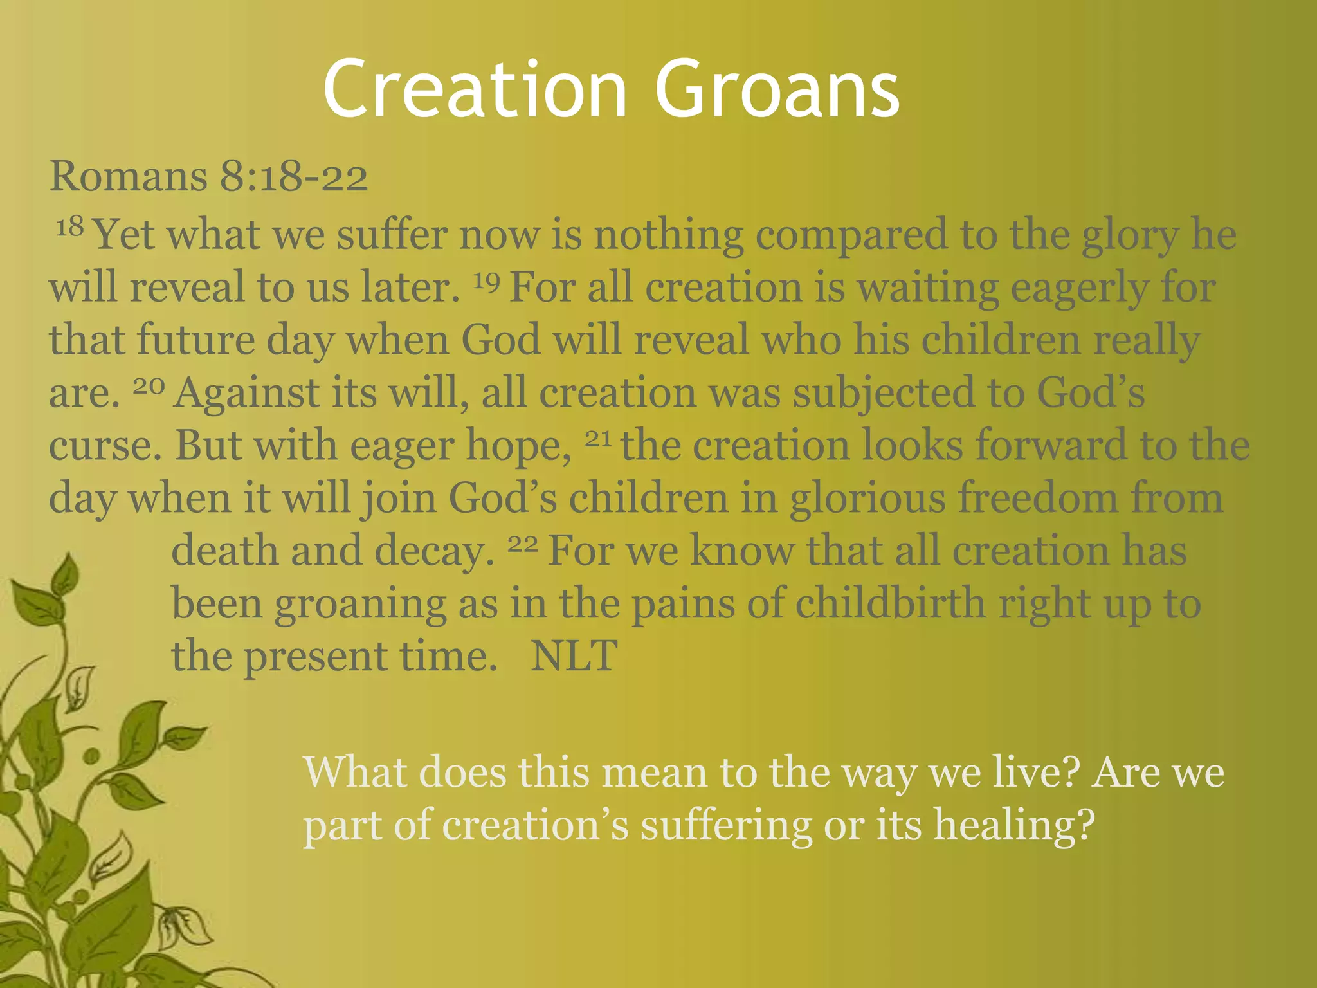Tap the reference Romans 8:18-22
coord(208,176)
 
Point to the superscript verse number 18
coord(69,226)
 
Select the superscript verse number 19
coord(487,280)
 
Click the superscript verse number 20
coord(149,385)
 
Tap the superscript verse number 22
coord(522,544)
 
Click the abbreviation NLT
coord(574,656)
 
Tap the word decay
coord(434,552)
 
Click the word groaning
coord(360,605)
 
